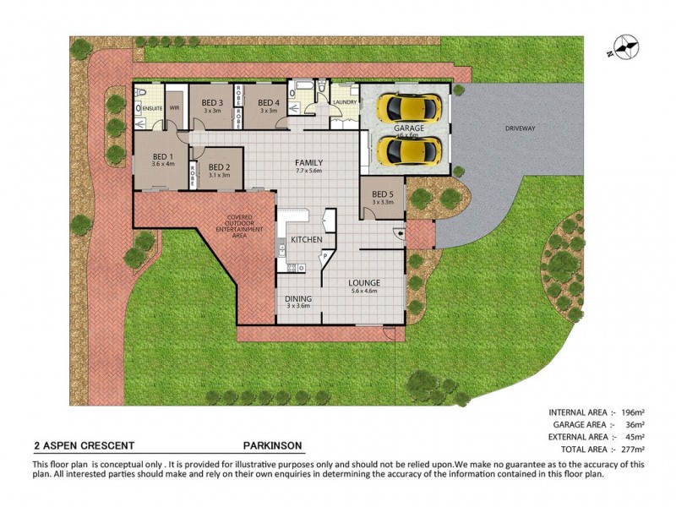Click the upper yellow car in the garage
pos(410,107)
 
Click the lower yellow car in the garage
pos(410,151)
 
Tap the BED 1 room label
pos(163,156)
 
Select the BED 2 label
pos(219,166)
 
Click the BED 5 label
pos(383,194)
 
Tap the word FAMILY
pos(309,162)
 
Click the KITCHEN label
pos(306,240)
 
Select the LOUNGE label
pos(364,282)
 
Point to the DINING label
pos(299,297)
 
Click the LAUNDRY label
pos(345,102)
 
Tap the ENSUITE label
pos(152,108)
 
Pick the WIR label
pos(175,108)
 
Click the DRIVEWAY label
pos(521,128)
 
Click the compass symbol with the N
pos(626,46)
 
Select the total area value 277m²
pos(632,450)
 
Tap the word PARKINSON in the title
pos(271,445)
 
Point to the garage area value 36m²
pos(634,424)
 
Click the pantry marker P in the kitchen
pos(324,254)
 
